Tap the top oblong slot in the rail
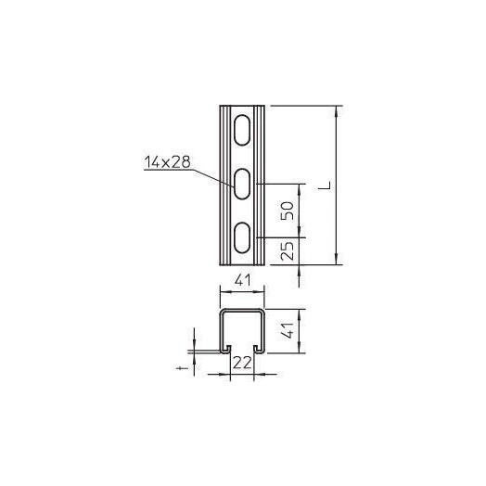click(240, 128)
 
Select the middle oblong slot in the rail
click(240, 185)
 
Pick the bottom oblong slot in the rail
click(240, 238)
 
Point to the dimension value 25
click(288, 249)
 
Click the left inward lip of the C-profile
click(225, 351)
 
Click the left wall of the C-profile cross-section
click(220, 331)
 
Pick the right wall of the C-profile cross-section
click(263, 331)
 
